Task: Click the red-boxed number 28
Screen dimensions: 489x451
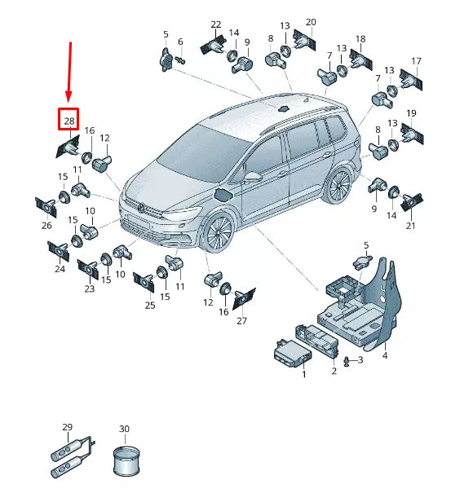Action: coord(69,121)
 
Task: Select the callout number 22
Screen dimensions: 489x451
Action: coord(215,24)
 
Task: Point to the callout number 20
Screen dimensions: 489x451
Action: coord(311,22)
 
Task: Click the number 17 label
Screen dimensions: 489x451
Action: coord(416,62)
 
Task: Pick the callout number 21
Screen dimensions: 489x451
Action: coord(410,226)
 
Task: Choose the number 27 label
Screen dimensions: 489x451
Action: coord(241,321)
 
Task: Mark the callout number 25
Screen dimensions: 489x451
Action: coord(150,306)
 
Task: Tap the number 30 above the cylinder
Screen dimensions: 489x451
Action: coord(124,429)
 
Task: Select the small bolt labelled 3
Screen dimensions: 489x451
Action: coord(349,359)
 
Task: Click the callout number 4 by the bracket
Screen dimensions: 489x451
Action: coord(384,356)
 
